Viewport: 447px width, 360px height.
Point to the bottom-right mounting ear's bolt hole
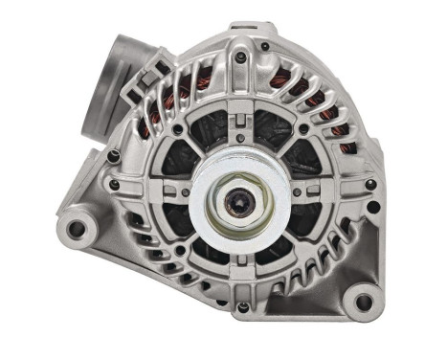(364, 304)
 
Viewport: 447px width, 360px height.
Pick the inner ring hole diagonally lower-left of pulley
(179, 251)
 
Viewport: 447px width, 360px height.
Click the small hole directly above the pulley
(239, 120)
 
